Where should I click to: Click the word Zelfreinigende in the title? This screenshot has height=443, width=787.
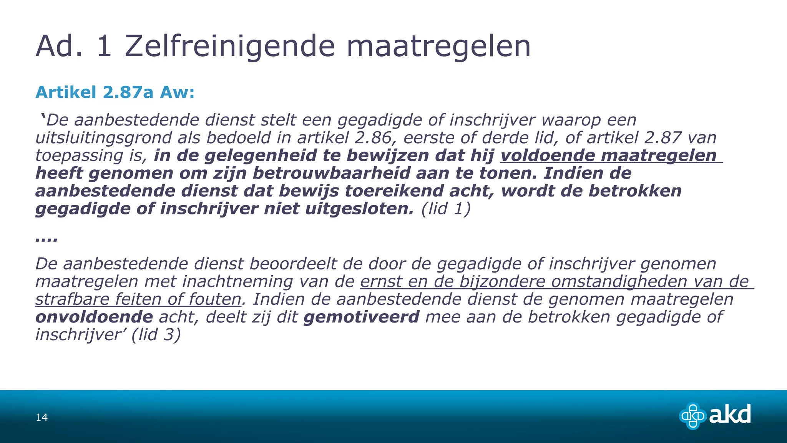(x=230, y=46)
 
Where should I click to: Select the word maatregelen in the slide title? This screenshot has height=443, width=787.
(x=438, y=46)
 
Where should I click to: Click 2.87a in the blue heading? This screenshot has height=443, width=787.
(x=128, y=92)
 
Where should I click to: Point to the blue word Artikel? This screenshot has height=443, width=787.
(x=66, y=92)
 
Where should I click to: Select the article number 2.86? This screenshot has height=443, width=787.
(x=368, y=138)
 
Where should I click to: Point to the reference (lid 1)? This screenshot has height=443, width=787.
(x=446, y=209)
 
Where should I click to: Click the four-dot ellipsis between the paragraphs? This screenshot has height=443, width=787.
(x=46, y=239)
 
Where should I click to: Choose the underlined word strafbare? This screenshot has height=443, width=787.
(x=72, y=299)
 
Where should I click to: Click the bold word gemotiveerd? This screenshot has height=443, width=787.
(x=361, y=317)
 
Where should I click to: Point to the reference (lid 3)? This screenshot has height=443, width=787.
(x=156, y=335)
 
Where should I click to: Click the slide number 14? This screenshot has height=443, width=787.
(x=42, y=417)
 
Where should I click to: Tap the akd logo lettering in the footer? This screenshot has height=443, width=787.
(x=729, y=415)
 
